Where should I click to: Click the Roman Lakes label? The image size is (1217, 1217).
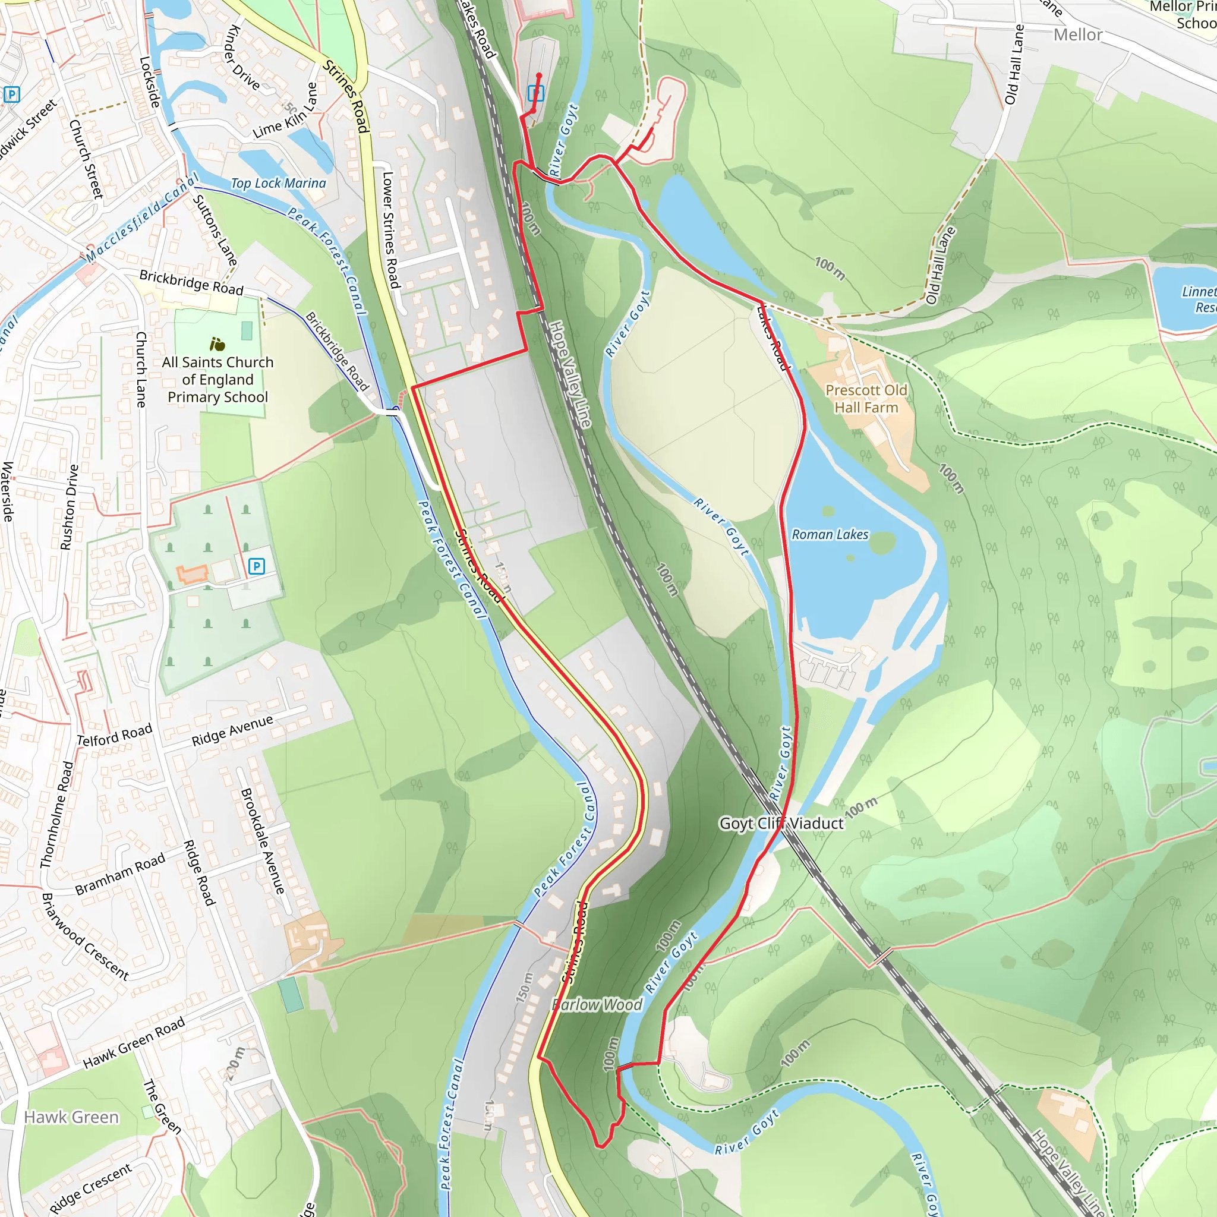pos(830,535)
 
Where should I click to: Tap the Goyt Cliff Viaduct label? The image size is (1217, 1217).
pos(781,823)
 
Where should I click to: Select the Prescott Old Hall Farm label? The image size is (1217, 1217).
pos(866,399)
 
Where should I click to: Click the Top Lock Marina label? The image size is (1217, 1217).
pos(279,183)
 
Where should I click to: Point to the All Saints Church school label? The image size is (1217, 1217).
pos(217,379)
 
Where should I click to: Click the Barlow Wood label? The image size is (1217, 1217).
pos(597,1005)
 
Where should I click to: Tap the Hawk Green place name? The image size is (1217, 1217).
pos(71,1117)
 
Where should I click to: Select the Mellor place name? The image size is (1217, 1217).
pos(1078,34)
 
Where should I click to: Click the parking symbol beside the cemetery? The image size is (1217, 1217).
pos(256,566)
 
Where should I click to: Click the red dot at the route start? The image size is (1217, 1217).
pos(538,75)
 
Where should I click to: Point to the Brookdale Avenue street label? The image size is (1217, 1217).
pos(263,840)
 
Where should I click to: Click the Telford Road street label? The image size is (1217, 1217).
pos(114,734)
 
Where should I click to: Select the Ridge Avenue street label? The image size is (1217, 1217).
pos(232,730)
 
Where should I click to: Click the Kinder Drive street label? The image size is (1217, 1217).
pos(242,56)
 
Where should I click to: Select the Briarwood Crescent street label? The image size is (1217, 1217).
pos(84,937)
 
